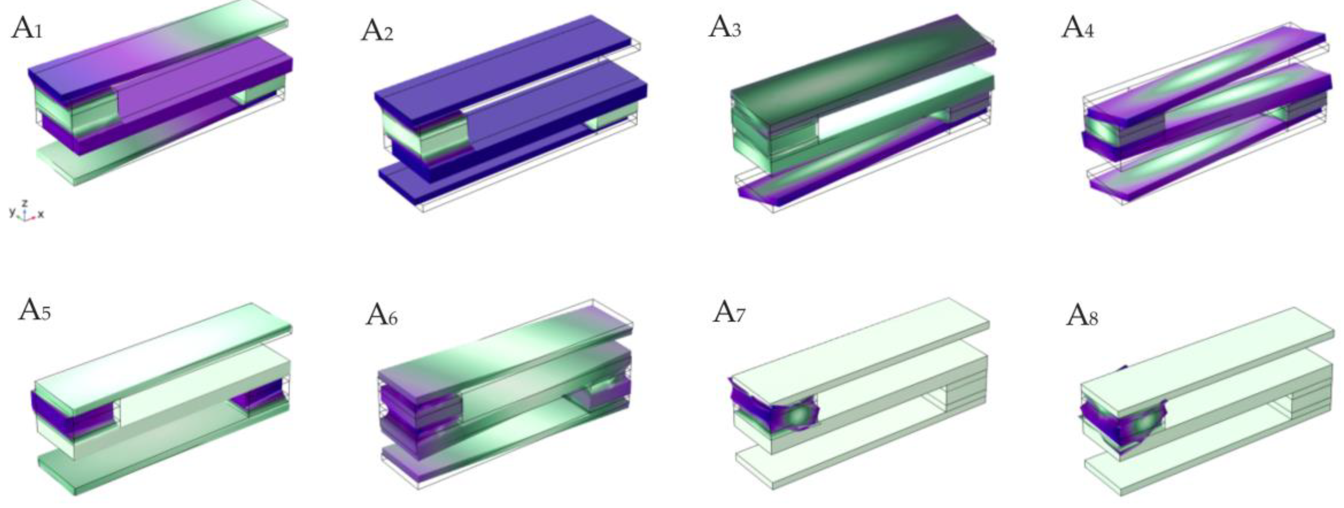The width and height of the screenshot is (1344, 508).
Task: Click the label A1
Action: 27,28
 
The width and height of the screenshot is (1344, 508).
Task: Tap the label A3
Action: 725,27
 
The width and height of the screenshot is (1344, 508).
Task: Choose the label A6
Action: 382,314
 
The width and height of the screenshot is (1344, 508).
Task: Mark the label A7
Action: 729,313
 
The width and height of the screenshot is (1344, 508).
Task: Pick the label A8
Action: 1082,315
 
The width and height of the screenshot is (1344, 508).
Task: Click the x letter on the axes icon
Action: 41,214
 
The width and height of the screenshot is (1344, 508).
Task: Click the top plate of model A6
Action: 501,344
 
